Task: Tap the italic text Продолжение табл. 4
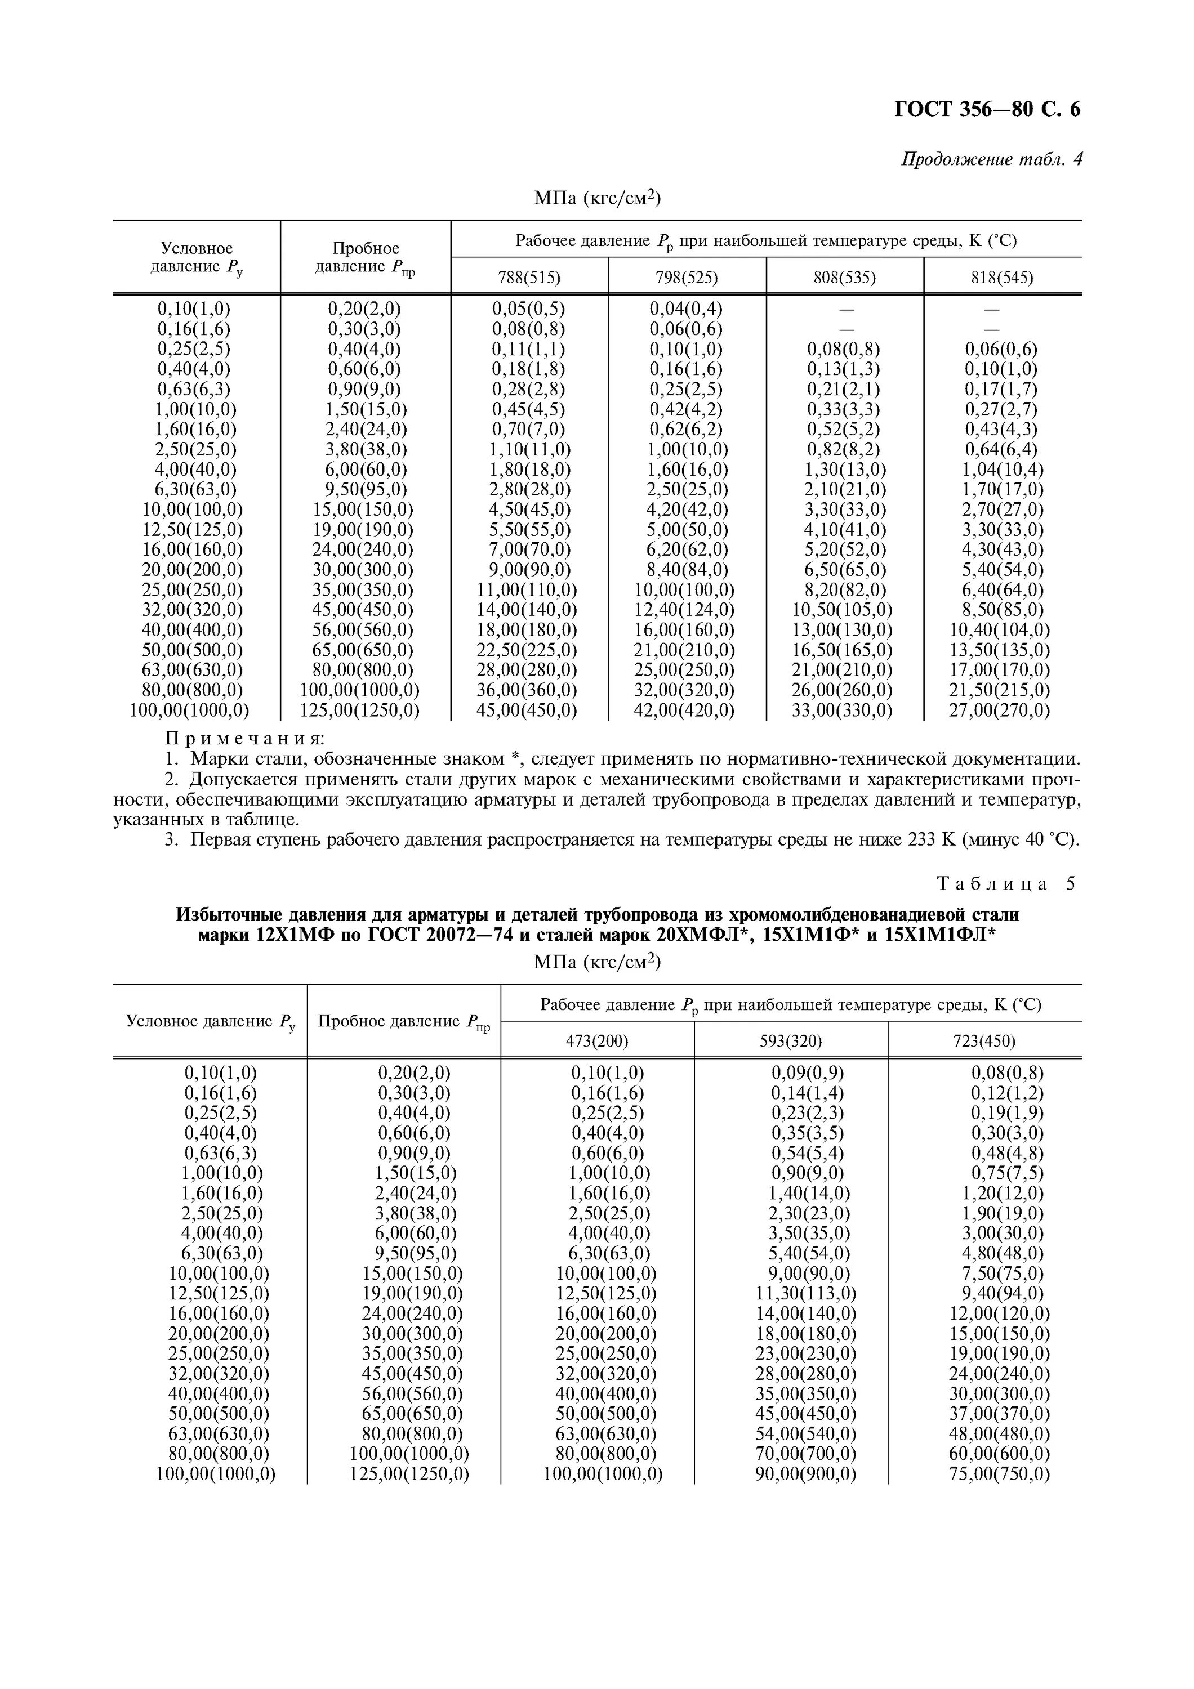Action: click(x=992, y=160)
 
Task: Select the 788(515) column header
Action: click(x=529, y=278)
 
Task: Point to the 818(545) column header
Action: click(x=1002, y=278)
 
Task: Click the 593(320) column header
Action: click(x=790, y=1041)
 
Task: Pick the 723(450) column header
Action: click(x=984, y=1041)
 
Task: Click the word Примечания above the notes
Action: click(x=245, y=738)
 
